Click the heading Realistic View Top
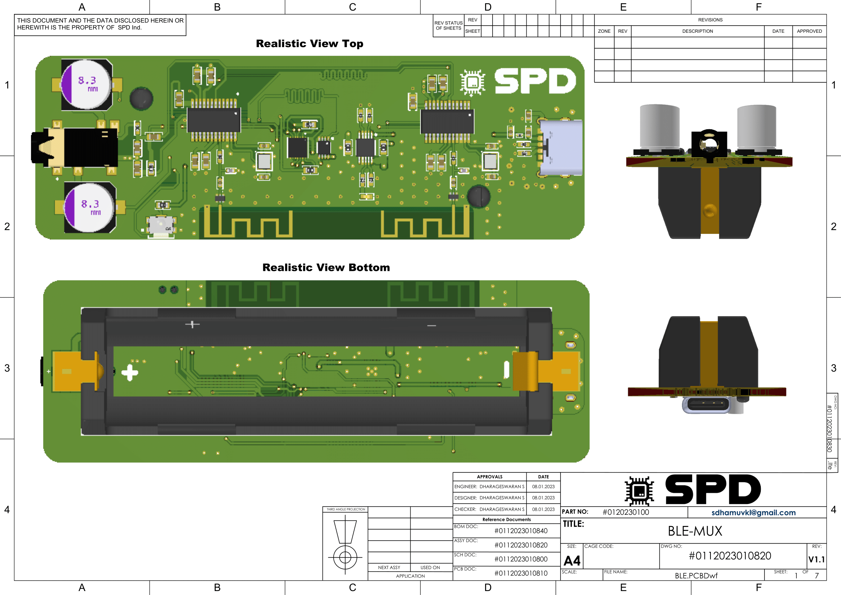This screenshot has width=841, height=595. pyautogui.click(x=310, y=44)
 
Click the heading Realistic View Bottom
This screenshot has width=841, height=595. pyautogui.click(x=326, y=267)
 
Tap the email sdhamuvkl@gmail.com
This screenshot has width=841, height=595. pyautogui.click(x=754, y=513)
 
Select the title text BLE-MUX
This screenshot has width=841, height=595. pyautogui.click(x=695, y=531)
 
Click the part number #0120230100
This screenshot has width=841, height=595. pyautogui.click(x=626, y=512)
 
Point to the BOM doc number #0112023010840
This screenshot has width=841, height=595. pyautogui.click(x=521, y=531)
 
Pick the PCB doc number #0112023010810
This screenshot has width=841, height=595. pyautogui.click(x=521, y=573)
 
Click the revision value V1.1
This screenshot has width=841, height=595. pyautogui.click(x=817, y=559)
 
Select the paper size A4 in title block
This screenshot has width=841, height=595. pyautogui.click(x=572, y=560)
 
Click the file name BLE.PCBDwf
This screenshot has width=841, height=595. pyautogui.click(x=696, y=576)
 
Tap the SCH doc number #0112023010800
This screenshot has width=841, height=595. pyautogui.click(x=521, y=559)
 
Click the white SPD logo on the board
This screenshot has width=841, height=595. pyautogui.click(x=535, y=81)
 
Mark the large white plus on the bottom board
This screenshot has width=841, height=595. pyautogui.click(x=130, y=373)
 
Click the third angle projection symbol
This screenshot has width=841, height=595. pyautogui.click(x=345, y=542)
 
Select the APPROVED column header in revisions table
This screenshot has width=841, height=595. pyautogui.click(x=809, y=31)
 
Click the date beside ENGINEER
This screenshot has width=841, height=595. pyautogui.click(x=543, y=487)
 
